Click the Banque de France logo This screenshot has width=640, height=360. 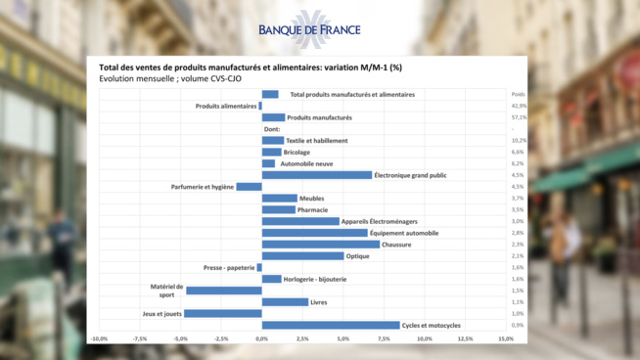point(309,28)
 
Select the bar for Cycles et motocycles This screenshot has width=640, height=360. point(331,325)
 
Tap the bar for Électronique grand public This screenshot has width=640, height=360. point(317,175)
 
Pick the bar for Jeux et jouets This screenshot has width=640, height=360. point(223,313)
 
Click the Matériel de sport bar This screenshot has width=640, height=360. point(224,291)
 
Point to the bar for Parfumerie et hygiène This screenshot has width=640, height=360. point(249,187)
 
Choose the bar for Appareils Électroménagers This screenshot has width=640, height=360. point(300,221)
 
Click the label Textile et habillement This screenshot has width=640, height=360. point(316,141)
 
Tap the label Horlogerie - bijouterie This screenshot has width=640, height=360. point(315,279)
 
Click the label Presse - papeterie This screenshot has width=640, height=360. point(229,267)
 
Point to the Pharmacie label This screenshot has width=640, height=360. point(313,209)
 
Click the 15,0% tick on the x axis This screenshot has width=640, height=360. point(505,338)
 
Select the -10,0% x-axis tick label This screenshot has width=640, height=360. point(99,338)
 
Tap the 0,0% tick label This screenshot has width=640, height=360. point(261,338)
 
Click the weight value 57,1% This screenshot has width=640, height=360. point(519,117)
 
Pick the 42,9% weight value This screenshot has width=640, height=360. point(519,106)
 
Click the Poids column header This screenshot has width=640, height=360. point(518,95)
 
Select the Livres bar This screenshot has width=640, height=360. point(285,302)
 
